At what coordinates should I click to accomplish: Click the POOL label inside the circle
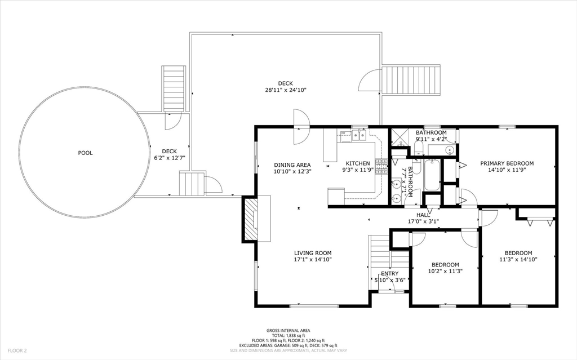point(85,153)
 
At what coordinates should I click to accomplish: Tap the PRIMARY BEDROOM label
point(507,163)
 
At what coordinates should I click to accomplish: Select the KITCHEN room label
point(358,163)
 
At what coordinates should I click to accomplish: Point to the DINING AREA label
point(292,165)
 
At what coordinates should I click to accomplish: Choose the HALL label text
point(423,215)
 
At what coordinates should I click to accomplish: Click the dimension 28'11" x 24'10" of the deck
point(285,90)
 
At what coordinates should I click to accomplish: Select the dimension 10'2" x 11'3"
point(445,271)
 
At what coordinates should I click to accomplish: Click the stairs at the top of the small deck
point(174,88)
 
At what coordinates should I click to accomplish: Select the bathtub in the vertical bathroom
point(433,175)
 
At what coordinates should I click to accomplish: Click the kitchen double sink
point(358,135)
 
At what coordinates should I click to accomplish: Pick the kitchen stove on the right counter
point(382,166)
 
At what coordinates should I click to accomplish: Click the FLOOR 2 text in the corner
point(17,350)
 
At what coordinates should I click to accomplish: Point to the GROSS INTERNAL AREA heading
point(288,331)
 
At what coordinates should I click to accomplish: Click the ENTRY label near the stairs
point(389,274)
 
